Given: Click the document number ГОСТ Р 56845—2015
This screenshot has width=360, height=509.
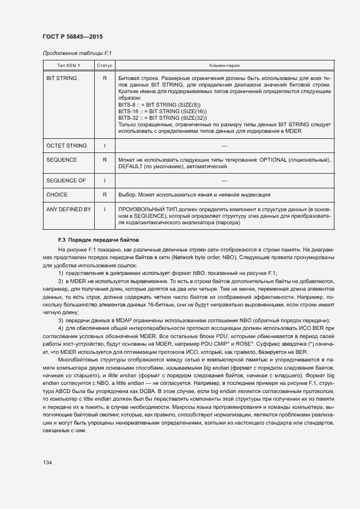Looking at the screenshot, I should pos(72,36).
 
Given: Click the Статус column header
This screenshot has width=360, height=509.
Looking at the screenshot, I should pos(105,65).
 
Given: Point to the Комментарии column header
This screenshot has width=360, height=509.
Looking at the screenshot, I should pos(224,65).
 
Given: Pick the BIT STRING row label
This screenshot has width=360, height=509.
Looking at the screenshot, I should pos(62,78).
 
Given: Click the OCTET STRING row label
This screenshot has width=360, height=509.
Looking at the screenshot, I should pos(66,146).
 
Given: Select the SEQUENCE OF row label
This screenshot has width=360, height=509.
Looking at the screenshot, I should pos(66,180).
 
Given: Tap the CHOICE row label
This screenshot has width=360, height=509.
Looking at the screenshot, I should pos(57,194).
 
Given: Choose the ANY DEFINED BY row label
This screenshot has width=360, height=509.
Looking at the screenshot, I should pos(69,209).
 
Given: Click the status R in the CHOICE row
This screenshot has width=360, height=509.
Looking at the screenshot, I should pos(105,194).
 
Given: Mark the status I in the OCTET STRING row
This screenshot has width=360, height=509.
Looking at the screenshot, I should pos(105,146).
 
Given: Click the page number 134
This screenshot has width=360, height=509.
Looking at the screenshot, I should pos(47,462).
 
